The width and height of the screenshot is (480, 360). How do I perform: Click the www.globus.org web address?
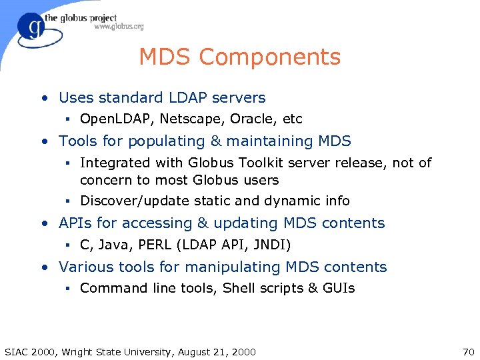click(x=119, y=27)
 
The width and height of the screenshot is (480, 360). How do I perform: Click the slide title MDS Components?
click(x=239, y=57)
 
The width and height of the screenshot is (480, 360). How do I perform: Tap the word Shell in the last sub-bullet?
click(x=239, y=288)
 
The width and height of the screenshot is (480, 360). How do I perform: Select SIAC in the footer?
click(x=17, y=352)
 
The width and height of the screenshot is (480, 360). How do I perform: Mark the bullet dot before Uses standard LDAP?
click(x=43, y=99)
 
